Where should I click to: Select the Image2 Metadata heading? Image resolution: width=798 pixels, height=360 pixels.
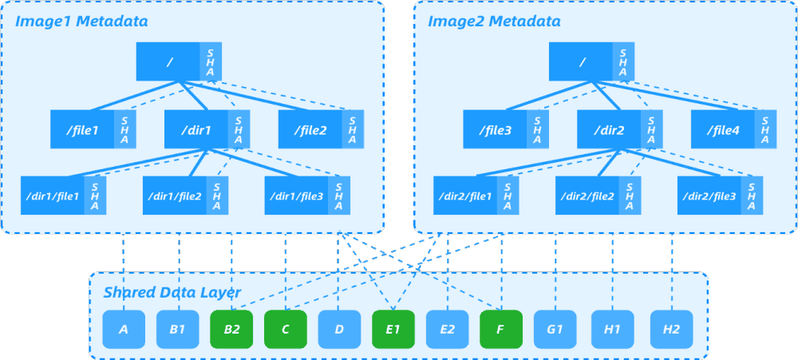[494, 21]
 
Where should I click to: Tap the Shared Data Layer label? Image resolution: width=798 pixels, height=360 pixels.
[172, 293]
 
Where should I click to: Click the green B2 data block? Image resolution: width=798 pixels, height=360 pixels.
[231, 328]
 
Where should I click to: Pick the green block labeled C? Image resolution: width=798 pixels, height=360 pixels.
[286, 328]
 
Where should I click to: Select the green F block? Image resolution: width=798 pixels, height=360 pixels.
[501, 328]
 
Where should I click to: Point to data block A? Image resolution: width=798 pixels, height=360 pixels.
[124, 328]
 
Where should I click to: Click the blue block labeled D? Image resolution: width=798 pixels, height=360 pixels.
[339, 328]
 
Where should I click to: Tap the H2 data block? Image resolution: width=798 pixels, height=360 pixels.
[671, 328]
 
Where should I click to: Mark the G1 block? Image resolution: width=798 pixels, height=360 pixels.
[555, 328]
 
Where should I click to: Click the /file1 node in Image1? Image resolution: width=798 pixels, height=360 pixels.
[82, 129]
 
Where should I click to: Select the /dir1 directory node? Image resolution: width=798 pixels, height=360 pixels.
[196, 129]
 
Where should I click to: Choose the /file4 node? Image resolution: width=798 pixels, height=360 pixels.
[722, 129]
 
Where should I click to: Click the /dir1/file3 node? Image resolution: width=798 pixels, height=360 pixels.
[296, 196]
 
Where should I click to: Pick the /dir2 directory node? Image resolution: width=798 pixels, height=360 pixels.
[608, 129]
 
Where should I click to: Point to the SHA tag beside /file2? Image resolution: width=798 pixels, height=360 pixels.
[353, 129]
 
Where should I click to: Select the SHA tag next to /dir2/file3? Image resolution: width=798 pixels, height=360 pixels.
[751, 196]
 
